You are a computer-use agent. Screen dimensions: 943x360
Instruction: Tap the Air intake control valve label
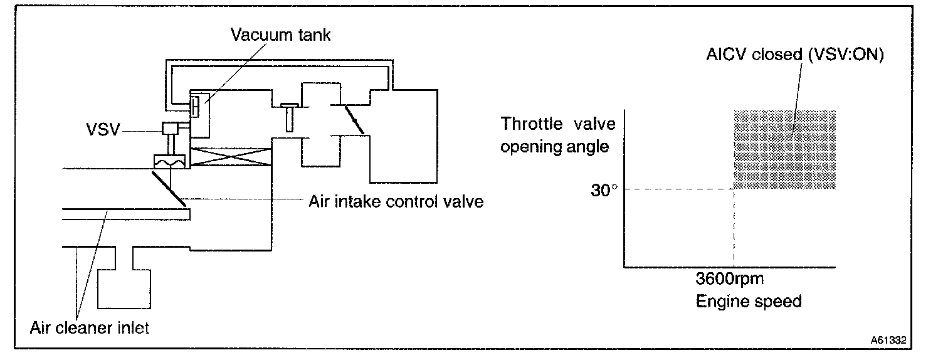[x=396, y=202]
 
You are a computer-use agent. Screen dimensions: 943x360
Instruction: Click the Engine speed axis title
[x=749, y=301]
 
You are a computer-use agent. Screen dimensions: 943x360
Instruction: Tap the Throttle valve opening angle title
[x=555, y=135]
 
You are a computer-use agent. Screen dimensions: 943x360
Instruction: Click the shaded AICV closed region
[x=784, y=150]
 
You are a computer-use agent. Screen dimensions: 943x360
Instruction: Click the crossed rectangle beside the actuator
[x=230, y=157]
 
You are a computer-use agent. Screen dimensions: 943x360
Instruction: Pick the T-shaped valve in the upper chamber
[x=288, y=117]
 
